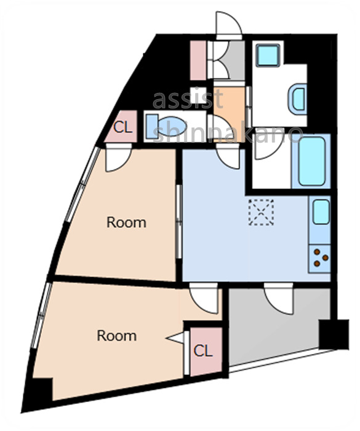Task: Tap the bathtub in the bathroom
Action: point(314,161)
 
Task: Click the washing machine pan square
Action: point(269,55)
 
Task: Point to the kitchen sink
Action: point(321,212)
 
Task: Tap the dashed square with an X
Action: point(260,212)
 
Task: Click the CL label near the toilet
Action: point(122,128)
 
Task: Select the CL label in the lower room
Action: point(203,352)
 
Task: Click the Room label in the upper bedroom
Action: point(126,222)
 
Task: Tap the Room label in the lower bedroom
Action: point(117,336)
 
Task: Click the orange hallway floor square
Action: point(230,105)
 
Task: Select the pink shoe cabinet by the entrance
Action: point(198,60)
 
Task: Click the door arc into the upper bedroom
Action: point(116,159)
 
